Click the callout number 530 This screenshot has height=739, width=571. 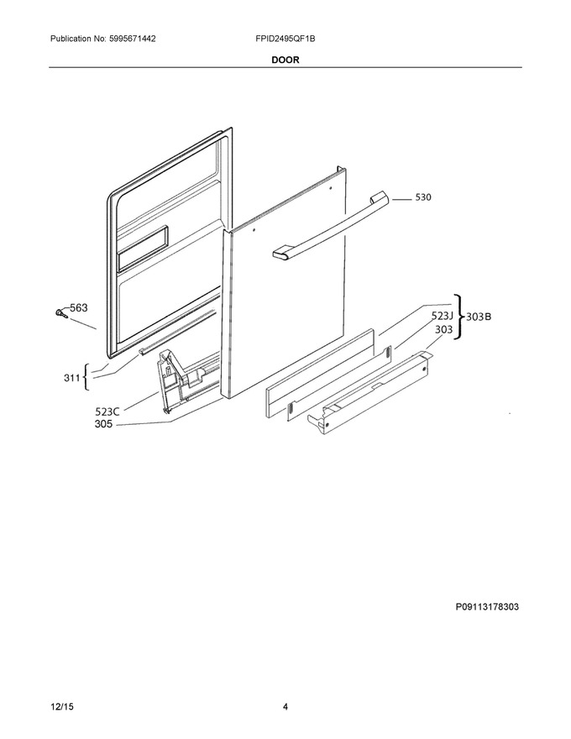pyautogui.click(x=422, y=197)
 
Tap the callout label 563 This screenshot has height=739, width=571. pyautogui.click(x=79, y=307)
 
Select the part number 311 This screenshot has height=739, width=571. pyautogui.click(x=71, y=377)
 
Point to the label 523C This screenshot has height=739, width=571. pyautogui.click(x=107, y=411)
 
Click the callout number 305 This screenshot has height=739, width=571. pyautogui.click(x=103, y=424)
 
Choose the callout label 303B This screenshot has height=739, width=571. pyautogui.click(x=479, y=317)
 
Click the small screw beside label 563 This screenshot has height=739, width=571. pyautogui.click(x=60, y=312)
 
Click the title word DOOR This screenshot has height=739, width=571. pyautogui.click(x=285, y=60)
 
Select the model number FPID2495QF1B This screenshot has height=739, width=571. pyautogui.click(x=285, y=39)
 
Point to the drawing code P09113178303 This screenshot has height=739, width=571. pyautogui.click(x=487, y=606)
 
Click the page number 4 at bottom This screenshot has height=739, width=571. pyautogui.click(x=285, y=707)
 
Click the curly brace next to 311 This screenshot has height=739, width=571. pyautogui.click(x=86, y=377)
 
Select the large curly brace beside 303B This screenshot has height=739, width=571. pyautogui.click(x=459, y=317)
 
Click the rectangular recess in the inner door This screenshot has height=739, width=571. pyautogui.click(x=142, y=248)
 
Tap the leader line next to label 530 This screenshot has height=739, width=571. pyautogui.click(x=401, y=200)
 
